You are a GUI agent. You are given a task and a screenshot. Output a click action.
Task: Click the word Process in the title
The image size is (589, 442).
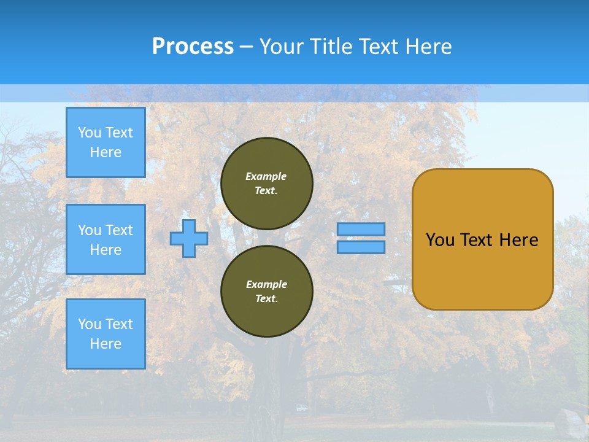[193, 47]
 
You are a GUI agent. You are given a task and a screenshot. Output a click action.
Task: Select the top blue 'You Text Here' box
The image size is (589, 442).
[106, 142]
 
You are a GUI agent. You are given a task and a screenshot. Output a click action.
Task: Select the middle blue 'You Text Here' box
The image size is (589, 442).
[106, 239]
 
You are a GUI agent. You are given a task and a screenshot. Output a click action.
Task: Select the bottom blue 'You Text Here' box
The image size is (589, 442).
[106, 333]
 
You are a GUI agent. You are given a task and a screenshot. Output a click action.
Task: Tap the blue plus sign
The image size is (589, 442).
[189, 238]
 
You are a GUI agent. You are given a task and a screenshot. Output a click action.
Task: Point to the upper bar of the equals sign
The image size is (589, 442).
[361, 229]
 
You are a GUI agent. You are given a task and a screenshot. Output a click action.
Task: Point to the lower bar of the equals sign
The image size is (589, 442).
[361, 247]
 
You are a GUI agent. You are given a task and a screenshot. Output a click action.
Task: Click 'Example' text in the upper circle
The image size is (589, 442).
[266, 176]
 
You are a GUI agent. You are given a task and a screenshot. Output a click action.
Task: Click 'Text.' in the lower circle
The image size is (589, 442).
[266, 299]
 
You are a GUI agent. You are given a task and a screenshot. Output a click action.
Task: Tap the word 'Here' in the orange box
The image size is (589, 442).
[518, 240]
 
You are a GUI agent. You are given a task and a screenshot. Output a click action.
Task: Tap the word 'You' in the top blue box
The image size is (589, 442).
[90, 133]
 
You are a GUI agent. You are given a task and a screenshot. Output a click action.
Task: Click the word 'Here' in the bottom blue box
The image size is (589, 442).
[106, 344]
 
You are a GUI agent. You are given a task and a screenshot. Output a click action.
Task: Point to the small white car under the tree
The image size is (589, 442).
[301, 408]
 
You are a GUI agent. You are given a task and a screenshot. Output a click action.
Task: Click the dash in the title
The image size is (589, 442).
[247, 47]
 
